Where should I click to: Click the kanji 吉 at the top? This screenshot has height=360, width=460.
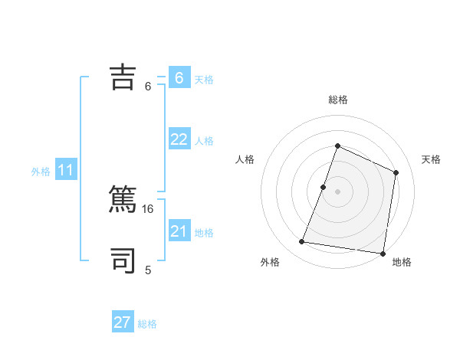click(123, 77)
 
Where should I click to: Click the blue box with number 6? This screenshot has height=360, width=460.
click(179, 77)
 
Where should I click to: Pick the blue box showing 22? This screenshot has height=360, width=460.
click(179, 139)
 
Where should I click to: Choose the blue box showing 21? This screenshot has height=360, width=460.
click(179, 231)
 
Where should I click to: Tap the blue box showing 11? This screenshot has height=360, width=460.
click(65, 170)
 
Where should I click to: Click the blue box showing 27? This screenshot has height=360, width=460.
click(123, 322)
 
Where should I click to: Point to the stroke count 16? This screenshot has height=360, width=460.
click(149, 208)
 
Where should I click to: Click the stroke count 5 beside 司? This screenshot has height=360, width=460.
click(148, 270)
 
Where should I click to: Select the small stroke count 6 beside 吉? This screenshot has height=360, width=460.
click(148, 86)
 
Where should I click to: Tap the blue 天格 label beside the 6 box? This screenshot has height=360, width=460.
click(204, 79)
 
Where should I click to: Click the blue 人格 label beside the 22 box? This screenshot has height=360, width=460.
click(204, 141)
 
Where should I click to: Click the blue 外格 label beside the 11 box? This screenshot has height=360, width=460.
click(41, 172)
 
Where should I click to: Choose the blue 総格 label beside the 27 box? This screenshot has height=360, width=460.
click(147, 325)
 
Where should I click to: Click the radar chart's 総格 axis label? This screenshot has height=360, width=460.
click(337, 100)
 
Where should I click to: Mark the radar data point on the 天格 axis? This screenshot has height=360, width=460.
click(396, 172)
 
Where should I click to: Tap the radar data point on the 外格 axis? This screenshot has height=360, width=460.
click(302, 242)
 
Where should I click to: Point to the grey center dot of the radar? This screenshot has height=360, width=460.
click(337, 191)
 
